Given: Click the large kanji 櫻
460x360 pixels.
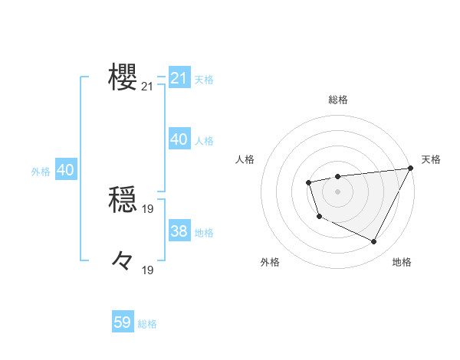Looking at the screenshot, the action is (123, 78).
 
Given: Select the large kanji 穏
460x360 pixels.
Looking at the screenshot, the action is (123, 201).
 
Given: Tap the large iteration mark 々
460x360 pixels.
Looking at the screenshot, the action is (123, 261).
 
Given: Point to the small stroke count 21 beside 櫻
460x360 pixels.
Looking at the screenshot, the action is (147, 87).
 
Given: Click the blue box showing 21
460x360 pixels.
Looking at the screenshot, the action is (179, 78).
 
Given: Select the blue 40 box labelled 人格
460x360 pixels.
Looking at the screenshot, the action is (179, 139).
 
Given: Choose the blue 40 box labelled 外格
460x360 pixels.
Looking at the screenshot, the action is (65, 170).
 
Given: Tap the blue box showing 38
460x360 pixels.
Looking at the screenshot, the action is (179, 231).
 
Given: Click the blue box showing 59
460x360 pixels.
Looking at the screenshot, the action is (123, 322).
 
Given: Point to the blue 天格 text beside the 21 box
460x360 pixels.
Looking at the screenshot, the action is (204, 80).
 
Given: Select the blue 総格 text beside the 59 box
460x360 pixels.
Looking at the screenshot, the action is (147, 324).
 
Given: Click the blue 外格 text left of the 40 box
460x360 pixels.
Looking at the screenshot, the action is (41, 172).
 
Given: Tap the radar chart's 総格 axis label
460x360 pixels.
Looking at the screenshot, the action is (338, 100).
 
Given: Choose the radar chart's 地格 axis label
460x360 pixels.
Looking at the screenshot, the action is (402, 263).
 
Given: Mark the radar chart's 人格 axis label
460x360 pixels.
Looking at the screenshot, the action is (245, 159).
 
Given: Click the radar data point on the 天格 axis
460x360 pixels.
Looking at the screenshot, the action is (410, 169).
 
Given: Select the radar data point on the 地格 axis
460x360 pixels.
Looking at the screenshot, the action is (374, 242).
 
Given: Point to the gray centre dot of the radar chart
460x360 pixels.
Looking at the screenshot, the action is (337, 191).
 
